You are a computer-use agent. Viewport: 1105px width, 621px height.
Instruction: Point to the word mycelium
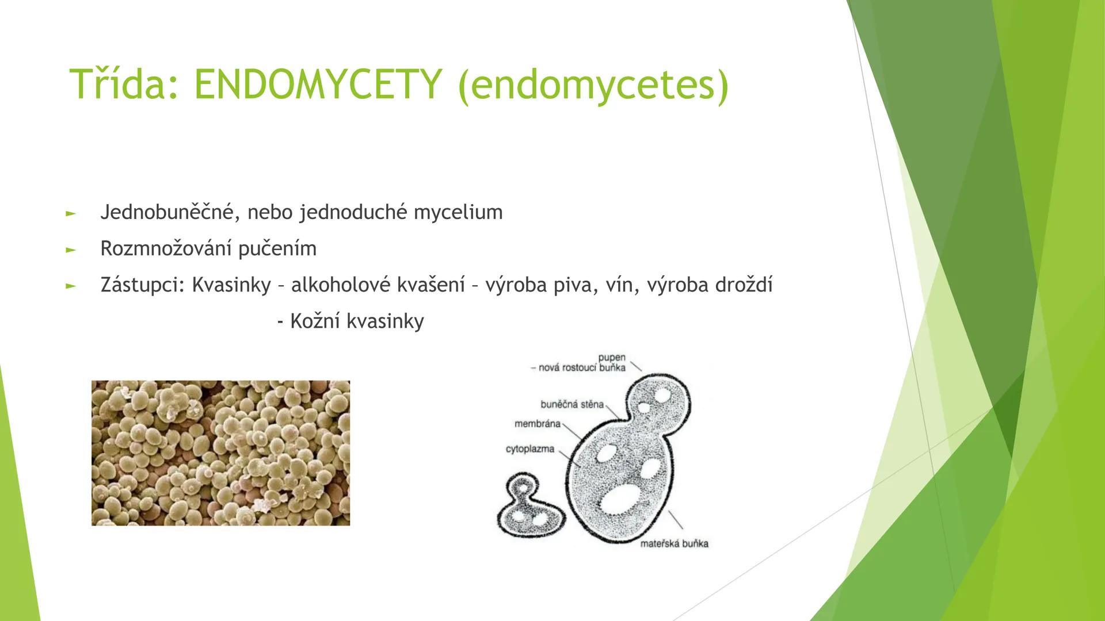[458, 212]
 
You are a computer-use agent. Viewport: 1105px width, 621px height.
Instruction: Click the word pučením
[277, 248]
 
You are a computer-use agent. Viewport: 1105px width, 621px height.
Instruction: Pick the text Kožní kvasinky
[357, 321]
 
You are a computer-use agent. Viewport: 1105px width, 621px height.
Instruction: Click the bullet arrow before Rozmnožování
[70, 250]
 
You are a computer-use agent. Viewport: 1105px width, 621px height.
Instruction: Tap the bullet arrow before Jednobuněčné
[70, 213]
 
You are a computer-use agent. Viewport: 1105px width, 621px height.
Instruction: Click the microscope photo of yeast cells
[220, 453]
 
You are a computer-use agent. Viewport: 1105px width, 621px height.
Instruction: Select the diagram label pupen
[611, 357]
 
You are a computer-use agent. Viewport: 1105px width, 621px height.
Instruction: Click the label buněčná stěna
[572, 404]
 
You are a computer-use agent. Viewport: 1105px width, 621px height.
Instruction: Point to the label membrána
[537, 424]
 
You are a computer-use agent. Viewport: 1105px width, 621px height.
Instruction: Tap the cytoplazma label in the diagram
[530, 448]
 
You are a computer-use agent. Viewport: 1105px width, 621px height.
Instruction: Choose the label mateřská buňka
[674, 543]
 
